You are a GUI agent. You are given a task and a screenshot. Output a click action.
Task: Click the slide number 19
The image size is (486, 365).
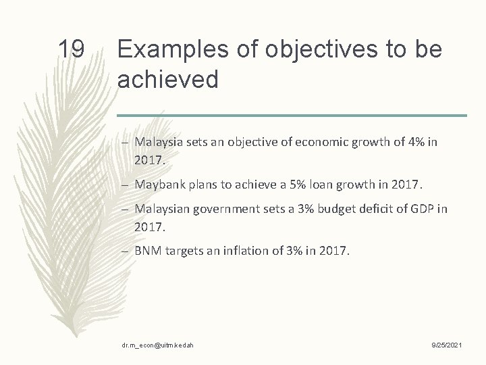pyautogui.click(x=70, y=49)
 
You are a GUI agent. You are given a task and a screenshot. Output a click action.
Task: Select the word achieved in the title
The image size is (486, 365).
pyautogui.click(x=167, y=80)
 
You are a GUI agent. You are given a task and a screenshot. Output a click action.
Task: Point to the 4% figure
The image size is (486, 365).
pyautogui.click(x=413, y=142)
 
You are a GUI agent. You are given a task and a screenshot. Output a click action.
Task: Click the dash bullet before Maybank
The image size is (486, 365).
pyautogui.click(x=128, y=185)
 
